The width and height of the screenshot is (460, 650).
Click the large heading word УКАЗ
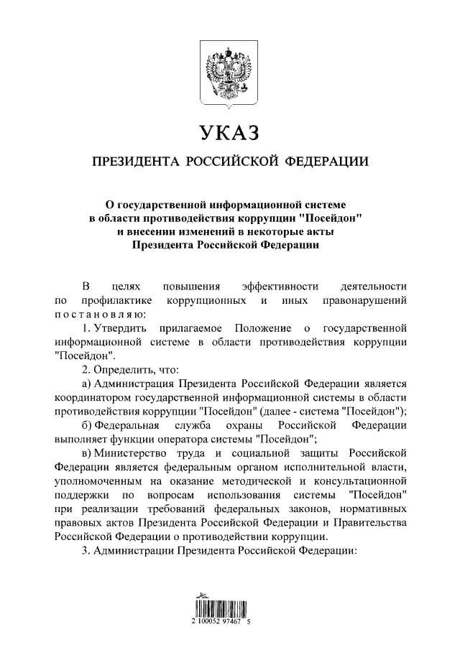click(229, 134)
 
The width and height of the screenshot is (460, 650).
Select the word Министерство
click(126, 452)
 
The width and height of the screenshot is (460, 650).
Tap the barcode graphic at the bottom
click(229, 606)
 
